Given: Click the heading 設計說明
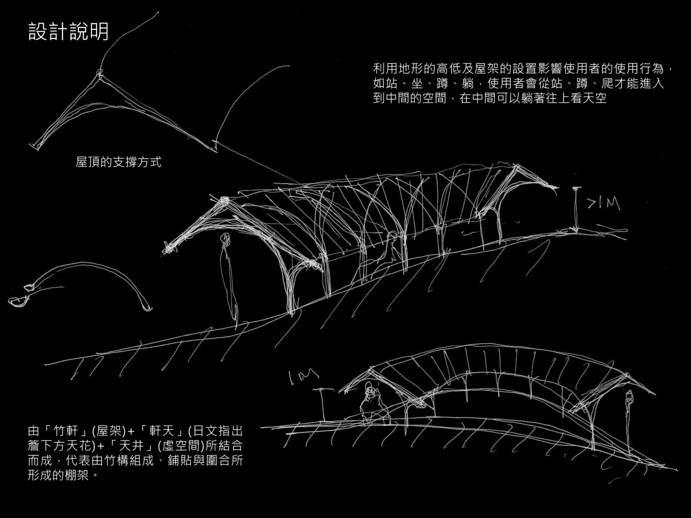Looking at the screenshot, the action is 68,32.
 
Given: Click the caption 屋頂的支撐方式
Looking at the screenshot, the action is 119,162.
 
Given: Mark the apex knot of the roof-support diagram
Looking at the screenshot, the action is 99,74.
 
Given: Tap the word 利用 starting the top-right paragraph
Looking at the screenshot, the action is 386,68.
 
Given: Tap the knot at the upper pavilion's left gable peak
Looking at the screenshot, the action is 224,200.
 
